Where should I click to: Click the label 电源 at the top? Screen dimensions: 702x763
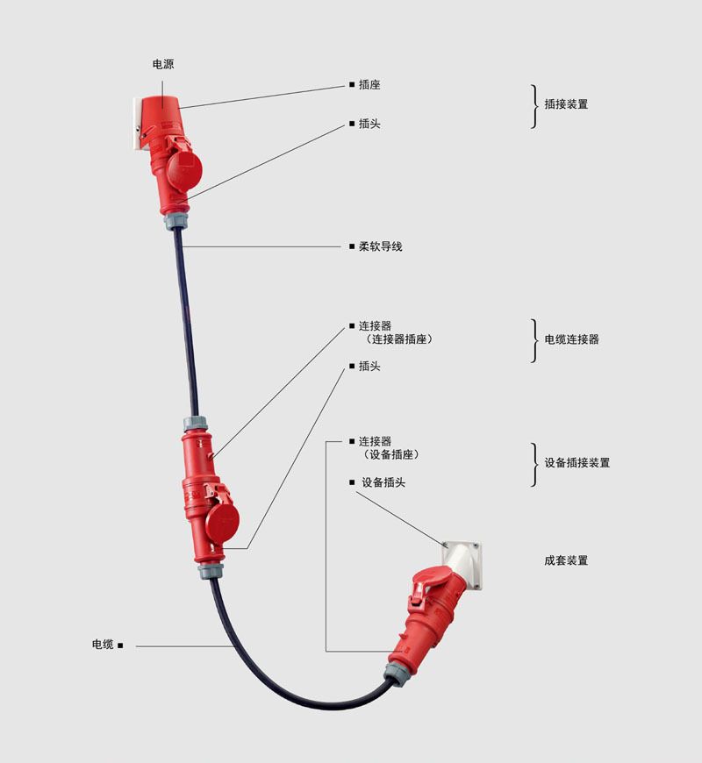[x=163, y=64]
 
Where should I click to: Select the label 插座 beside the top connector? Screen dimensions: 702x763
[x=369, y=85]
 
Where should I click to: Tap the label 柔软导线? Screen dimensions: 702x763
[x=381, y=246]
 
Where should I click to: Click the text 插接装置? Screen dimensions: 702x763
[x=566, y=104]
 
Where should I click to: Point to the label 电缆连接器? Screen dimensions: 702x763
[x=571, y=339]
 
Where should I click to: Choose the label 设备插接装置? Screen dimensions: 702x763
[x=577, y=463]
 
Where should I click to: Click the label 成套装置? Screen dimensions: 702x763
[x=566, y=560]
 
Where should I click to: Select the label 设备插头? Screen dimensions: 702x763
[x=383, y=482]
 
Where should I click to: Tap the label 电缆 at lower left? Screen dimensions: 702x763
[x=103, y=645]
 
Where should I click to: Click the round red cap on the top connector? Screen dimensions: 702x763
[x=184, y=168]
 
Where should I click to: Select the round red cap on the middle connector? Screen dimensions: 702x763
[x=222, y=519]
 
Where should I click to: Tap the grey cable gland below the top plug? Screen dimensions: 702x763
[x=176, y=220]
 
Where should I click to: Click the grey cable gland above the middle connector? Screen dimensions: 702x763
[x=196, y=424]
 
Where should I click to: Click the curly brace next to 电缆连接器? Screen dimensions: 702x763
[x=534, y=340]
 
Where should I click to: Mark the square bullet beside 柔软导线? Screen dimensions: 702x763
[x=352, y=246]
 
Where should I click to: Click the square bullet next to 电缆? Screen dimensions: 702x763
[x=120, y=645]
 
